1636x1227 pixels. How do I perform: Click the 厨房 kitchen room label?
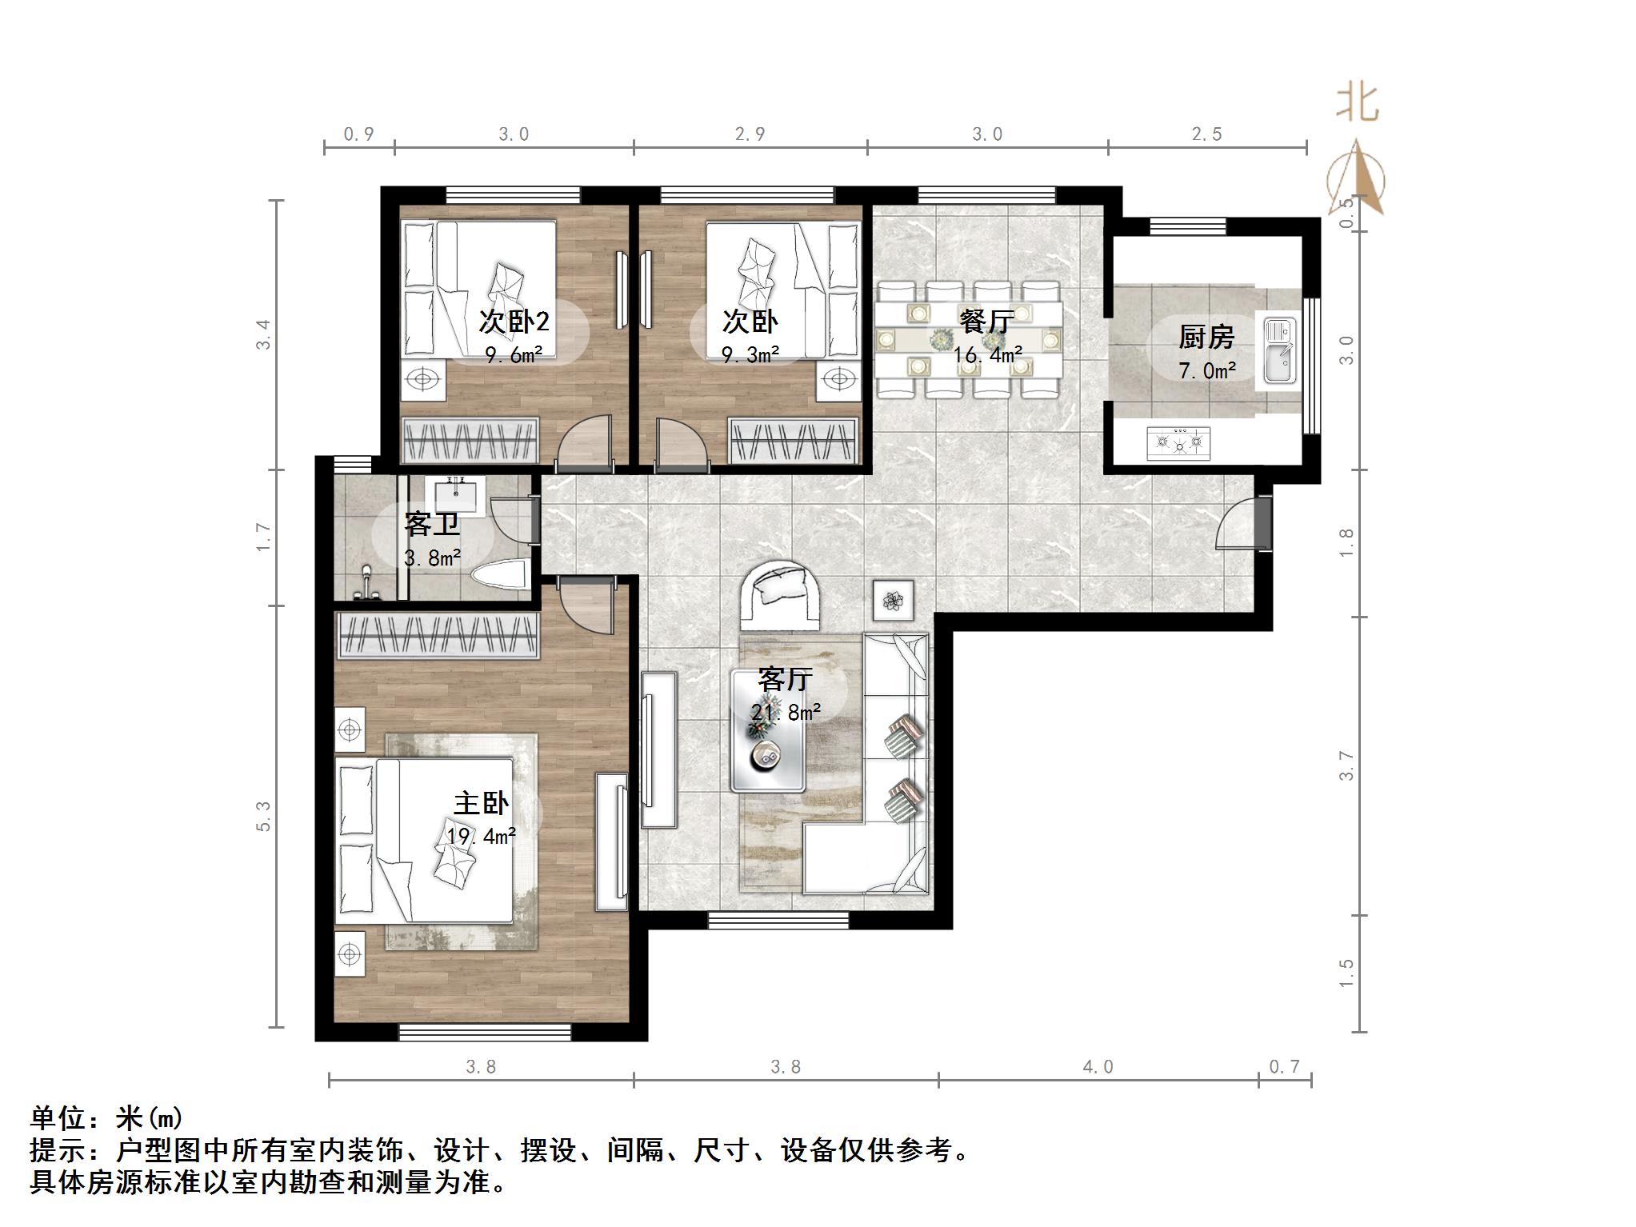pos(1206,338)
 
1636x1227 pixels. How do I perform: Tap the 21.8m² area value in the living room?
pos(786,712)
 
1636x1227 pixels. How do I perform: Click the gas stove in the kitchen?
pos(1178,442)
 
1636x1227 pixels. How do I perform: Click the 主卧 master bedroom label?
pos(480,803)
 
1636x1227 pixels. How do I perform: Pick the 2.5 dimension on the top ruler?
pos(1206,134)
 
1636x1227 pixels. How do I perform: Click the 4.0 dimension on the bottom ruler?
pos(1098,1066)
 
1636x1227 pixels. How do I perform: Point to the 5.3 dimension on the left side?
pos(264,816)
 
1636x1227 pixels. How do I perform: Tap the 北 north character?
pos(1358,103)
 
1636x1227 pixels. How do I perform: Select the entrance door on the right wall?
pos(1262,522)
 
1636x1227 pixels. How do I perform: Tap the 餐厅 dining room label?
pos(986,322)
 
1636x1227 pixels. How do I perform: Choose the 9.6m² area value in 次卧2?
pos(514,354)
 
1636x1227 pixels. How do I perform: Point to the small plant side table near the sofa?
pos(892,598)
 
